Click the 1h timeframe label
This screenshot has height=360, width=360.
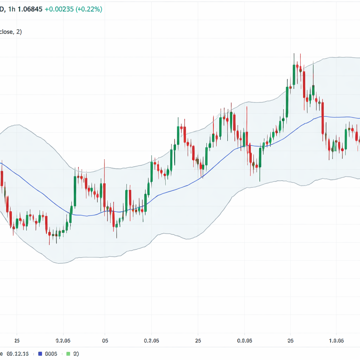[x=13, y=9]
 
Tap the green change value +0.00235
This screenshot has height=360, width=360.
[x=59, y=9]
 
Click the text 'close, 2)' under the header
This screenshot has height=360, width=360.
[x=11, y=32]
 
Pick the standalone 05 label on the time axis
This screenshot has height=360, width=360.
[x=105, y=341]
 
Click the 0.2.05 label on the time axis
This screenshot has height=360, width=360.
[x=63, y=341]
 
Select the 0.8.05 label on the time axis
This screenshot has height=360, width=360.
[x=152, y=341]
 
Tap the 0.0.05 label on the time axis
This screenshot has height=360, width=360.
[x=245, y=341]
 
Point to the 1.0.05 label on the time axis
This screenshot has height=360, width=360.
[x=336, y=341]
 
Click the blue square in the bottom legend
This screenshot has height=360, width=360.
[x=40, y=354]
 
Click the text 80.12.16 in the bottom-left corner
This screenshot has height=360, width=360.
[x=18, y=354]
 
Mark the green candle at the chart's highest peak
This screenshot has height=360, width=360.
[x=294, y=75]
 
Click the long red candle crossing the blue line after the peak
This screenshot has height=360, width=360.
[x=322, y=118]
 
